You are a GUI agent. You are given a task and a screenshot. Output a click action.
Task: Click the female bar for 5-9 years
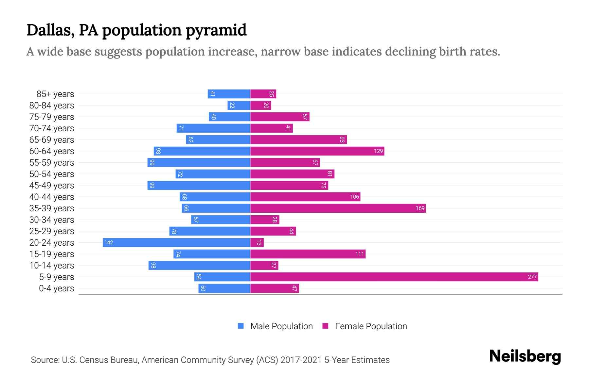click(x=394, y=277)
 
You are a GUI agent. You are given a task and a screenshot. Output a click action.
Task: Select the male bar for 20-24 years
click(x=176, y=242)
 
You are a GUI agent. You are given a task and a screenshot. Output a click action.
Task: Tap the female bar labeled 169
click(x=338, y=208)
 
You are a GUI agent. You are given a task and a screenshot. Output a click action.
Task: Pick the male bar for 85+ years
click(x=229, y=94)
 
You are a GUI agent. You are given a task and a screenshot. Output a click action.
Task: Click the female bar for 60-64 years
click(x=317, y=151)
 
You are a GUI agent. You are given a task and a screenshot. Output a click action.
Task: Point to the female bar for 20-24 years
click(x=257, y=242)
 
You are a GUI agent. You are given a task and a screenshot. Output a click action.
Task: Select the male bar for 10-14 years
click(x=199, y=265)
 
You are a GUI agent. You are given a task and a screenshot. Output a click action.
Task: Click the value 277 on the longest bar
click(x=532, y=277)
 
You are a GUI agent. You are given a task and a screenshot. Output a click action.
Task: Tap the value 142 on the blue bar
click(x=109, y=242)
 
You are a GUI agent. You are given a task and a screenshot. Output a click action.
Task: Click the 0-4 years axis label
click(x=56, y=288)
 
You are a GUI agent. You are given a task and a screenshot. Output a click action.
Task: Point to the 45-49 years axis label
click(x=52, y=186)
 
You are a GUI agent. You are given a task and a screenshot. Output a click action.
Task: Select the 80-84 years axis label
click(x=52, y=106)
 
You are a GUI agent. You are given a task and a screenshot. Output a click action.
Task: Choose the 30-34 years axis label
click(x=52, y=220)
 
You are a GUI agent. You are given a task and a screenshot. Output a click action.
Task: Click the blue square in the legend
click(x=241, y=326)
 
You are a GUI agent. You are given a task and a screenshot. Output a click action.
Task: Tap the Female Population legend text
click(x=371, y=326)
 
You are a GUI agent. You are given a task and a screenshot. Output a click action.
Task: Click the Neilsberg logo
click(x=525, y=356)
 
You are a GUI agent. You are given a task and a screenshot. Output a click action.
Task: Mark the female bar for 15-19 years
click(x=308, y=254)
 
